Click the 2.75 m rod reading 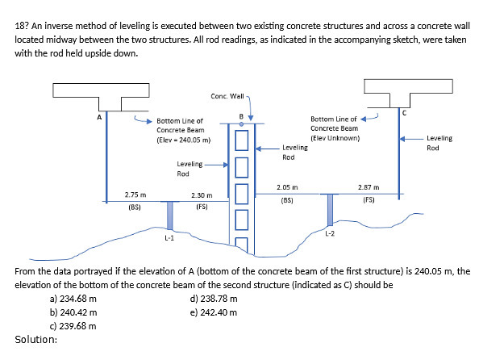[x=135, y=195]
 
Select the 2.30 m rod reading [x=202, y=195]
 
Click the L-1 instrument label [x=169, y=237]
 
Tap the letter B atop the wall [x=240, y=118]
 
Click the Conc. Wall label [x=227, y=97]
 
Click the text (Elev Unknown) [x=334, y=137]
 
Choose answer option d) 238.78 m [x=214, y=299]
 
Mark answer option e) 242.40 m [x=214, y=312]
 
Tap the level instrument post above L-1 [x=169, y=215]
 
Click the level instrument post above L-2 [x=329, y=209]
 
